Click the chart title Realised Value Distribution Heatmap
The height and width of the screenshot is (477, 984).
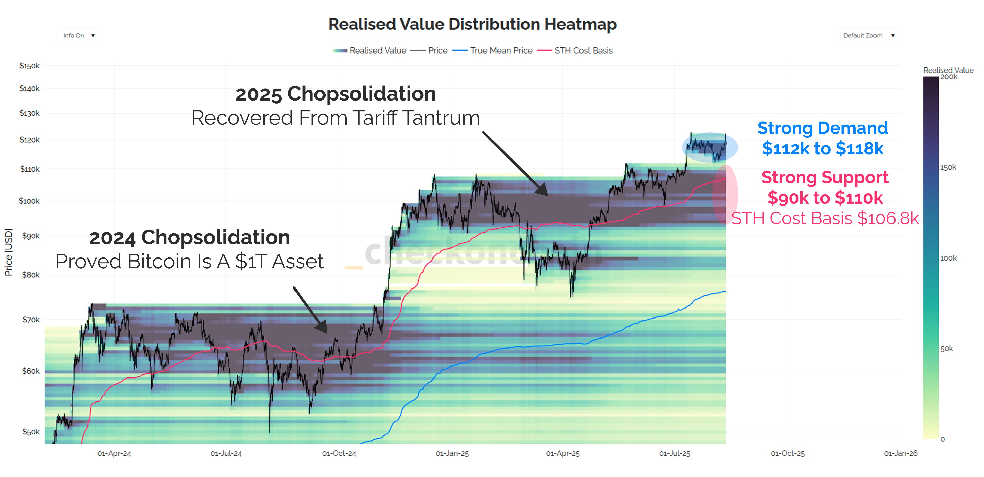click(x=472, y=24)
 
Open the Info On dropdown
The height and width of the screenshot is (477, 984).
click(x=78, y=35)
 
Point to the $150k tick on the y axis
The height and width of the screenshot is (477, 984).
click(x=29, y=66)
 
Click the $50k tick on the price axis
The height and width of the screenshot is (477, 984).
click(x=31, y=432)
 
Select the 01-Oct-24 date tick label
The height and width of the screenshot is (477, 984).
click(x=339, y=453)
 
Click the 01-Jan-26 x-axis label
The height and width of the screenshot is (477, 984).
click(x=900, y=453)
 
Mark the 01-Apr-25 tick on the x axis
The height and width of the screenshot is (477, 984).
click(x=563, y=453)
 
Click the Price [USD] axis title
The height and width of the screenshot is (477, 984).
click(x=8, y=252)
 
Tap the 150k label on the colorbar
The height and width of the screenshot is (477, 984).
click(x=948, y=167)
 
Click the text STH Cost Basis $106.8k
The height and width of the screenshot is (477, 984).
click(x=825, y=218)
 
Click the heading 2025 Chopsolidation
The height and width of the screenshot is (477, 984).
click(x=335, y=94)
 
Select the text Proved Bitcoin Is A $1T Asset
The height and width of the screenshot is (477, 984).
click(x=190, y=262)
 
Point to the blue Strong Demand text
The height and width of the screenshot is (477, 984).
click(x=822, y=128)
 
